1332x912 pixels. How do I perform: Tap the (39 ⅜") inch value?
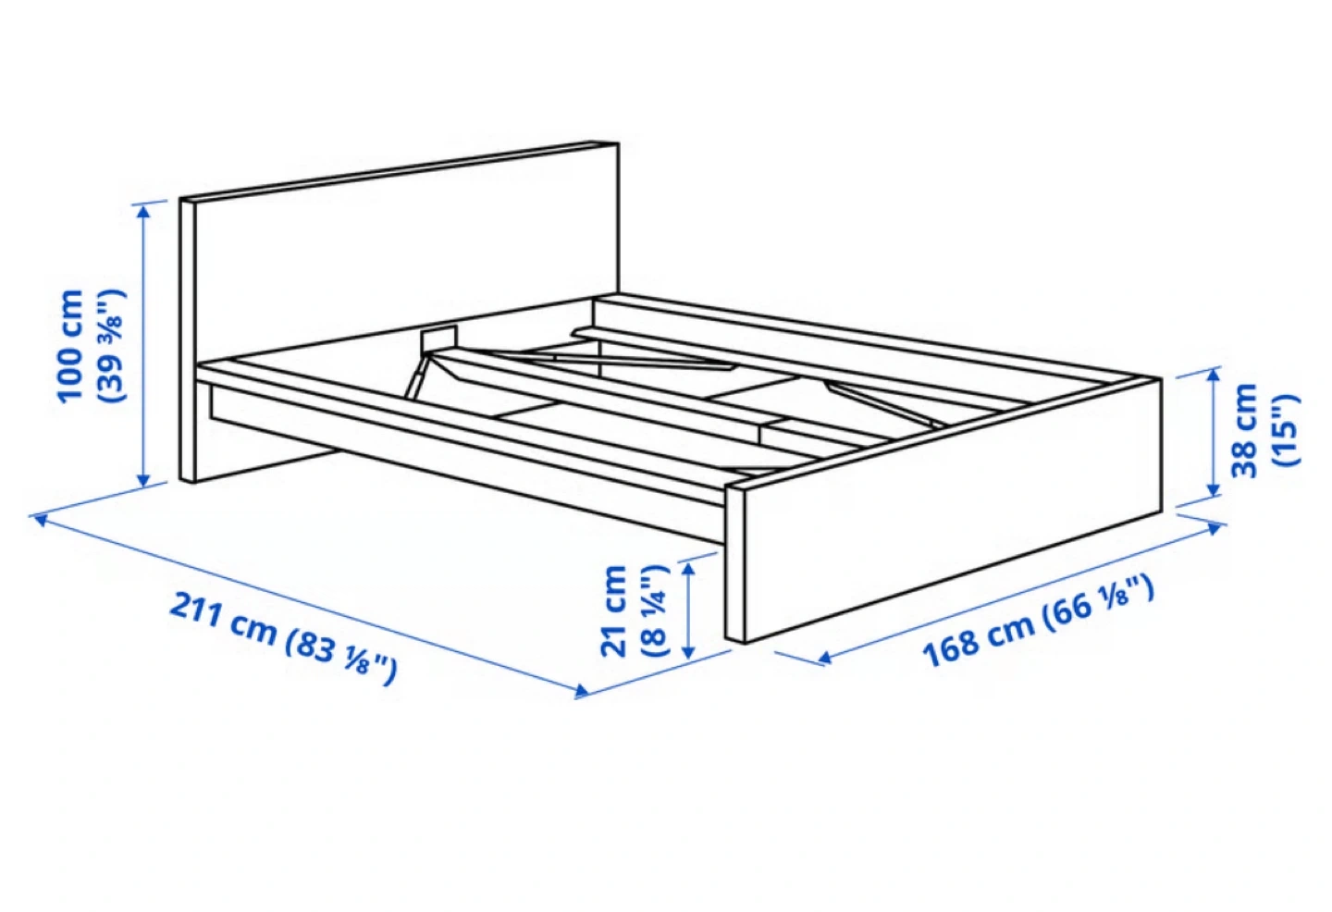(x=111, y=347)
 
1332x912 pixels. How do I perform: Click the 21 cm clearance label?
(x=614, y=611)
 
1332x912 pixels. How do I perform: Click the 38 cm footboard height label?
(x=1244, y=431)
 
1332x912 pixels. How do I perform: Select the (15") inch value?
(x=1285, y=431)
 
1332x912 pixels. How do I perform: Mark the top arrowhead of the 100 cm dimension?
(x=143, y=211)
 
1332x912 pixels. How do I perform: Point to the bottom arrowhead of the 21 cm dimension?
(x=688, y=651)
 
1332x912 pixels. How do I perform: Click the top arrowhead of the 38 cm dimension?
(x=1214, y=376)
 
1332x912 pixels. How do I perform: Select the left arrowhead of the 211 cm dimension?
(x=41, y=520)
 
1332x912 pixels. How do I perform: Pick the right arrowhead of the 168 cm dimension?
(x=1215, y=528)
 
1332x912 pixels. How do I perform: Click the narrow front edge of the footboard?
(x=735, y=565)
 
